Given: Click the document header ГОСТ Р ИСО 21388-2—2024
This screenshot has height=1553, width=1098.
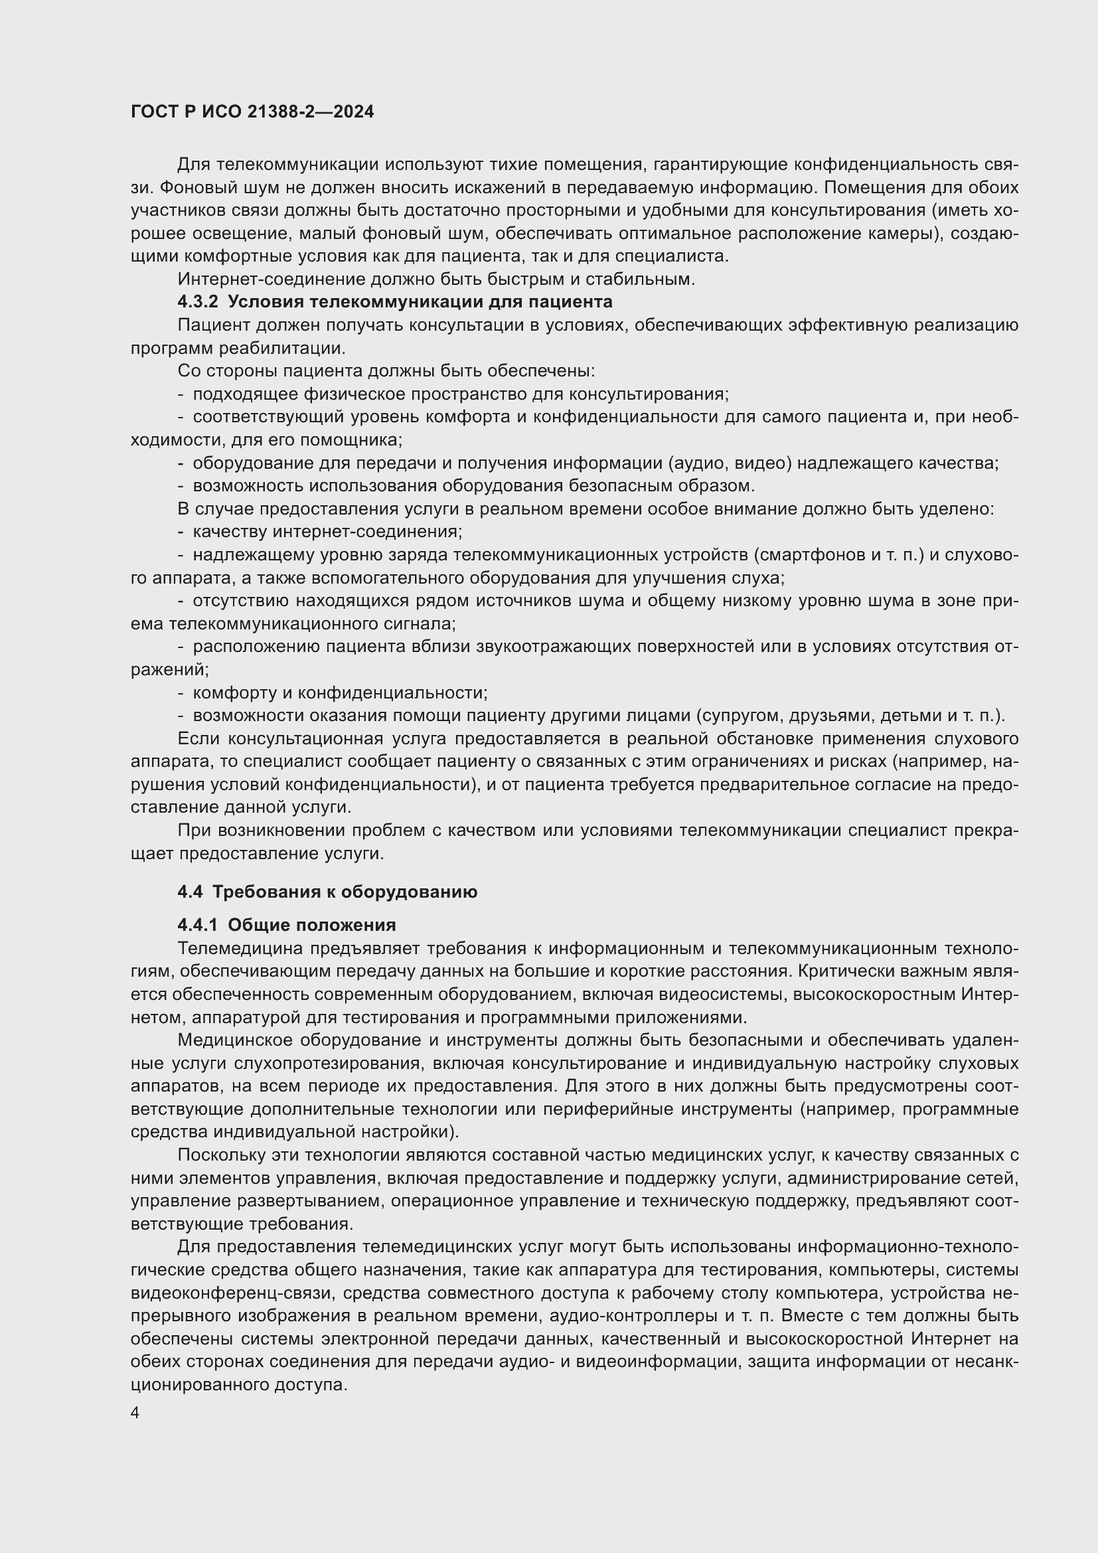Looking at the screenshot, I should (252, 112).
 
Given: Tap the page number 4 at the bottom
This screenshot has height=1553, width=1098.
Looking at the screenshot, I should (135, 1412).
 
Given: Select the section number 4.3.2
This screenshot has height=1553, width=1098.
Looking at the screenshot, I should (197, 301).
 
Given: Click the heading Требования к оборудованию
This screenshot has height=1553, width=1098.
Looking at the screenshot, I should (345, 892).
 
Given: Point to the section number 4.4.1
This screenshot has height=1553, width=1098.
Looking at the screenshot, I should (197, 925).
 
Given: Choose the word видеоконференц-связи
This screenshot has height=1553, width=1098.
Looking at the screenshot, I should (231, 1293).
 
